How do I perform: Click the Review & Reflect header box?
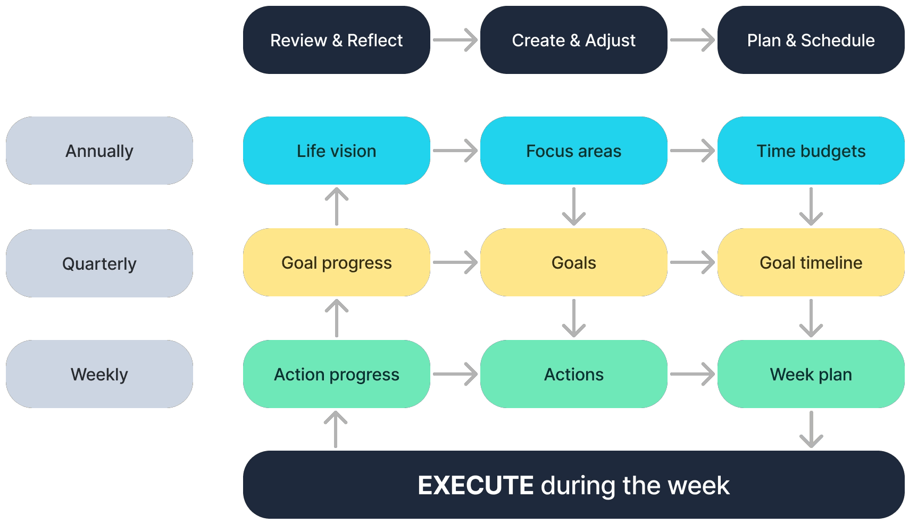336,40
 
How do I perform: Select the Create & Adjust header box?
574,40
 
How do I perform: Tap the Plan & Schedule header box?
811,40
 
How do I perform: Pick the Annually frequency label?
99,151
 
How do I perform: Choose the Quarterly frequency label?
99,263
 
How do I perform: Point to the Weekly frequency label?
99,374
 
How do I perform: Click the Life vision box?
336,151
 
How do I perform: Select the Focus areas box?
574,151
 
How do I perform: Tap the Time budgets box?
811,151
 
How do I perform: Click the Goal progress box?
336,262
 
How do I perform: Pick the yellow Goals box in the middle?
574,262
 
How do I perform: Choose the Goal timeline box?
811,262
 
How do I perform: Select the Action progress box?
336,374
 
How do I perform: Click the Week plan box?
811,374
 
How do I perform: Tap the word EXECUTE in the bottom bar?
476,485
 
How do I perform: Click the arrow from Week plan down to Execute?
811,429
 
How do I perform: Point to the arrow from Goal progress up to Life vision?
336,206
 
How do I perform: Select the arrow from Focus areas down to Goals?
574,206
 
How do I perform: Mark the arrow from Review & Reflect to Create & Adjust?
455,40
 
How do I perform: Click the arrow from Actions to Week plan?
693,374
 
